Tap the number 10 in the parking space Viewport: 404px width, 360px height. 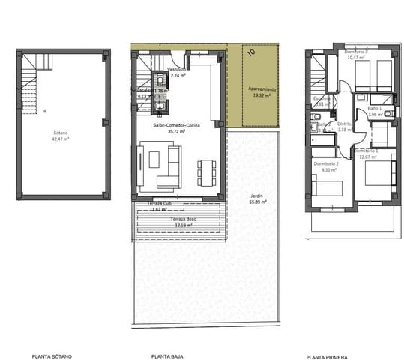(x=252, y=53)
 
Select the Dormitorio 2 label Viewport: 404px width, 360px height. (x=328, y=166)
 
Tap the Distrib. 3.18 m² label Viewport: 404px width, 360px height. (x=345, y=127)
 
